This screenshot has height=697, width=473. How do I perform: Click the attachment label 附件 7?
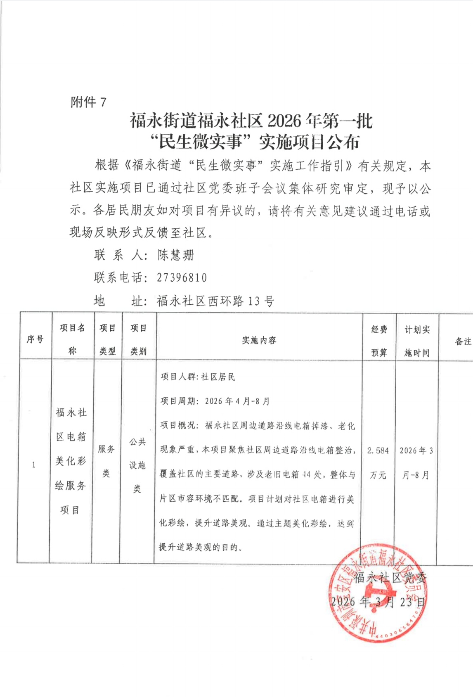coord(89,102)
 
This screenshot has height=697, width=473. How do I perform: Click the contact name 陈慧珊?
coord(175,255)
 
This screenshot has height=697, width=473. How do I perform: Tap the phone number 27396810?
coord(182,277)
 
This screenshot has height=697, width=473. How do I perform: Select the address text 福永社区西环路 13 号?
coord(215,301)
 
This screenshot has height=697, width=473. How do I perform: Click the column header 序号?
coord(35,339)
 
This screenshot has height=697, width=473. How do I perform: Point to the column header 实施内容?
coord(259,340)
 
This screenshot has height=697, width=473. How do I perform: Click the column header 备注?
coord(463,341)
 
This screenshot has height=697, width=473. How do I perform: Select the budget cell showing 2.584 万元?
coord(378,462)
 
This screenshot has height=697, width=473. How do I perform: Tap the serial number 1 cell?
coord(33,465)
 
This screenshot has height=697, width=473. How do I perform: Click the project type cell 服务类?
coord(106,461)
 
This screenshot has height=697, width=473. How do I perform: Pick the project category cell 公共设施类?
coord(137,465)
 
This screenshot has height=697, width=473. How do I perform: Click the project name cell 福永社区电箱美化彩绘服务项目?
coord(71,461)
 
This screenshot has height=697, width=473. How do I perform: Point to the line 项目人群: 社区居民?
coord(198,377)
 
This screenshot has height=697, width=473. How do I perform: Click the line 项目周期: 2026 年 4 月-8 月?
coord(215,401)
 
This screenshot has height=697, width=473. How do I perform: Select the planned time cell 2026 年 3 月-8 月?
coord(416,462)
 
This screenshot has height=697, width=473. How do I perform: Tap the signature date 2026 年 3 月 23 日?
coord(378,602)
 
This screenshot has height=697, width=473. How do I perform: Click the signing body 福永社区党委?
coord(390,578)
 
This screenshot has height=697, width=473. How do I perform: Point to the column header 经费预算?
coord(379,341)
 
